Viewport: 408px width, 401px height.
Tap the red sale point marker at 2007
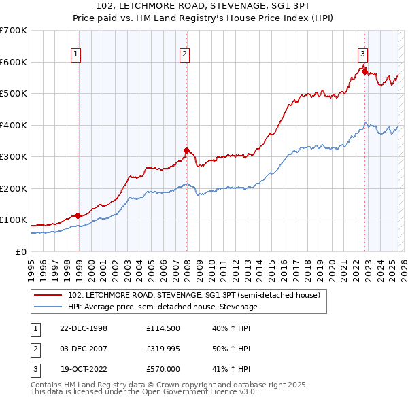tap(186, 150)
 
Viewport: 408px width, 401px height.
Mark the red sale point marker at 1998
tap(78, 215)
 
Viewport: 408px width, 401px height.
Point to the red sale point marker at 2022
tap(365, 71)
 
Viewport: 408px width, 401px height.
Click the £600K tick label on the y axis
tap(14, 62)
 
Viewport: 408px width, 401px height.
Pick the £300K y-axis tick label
tap(14, 156)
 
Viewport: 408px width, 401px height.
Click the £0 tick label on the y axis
tap(22, 251)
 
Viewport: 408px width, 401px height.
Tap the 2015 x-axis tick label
tap(272, 266)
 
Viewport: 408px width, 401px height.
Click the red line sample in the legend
tap(48, 295)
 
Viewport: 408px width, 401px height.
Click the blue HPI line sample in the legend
tap(48, 307)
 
